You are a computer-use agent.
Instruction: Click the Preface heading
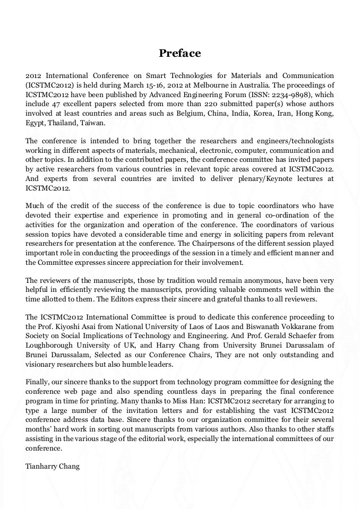click(x=180, y=53)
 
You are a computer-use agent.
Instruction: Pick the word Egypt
click(x=35, y=123)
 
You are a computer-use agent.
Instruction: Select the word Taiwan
click(x=92, y=123)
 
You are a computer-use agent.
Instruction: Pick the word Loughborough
click(x=49, y=346)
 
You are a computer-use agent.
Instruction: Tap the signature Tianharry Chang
click(x=53, y=467)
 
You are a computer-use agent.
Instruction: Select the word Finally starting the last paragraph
click(x=38, y=382)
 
